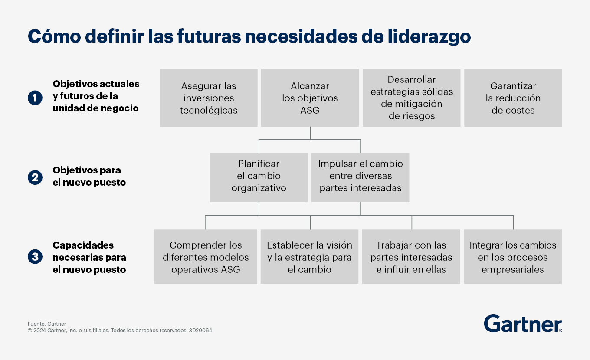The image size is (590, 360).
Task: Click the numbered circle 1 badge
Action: tap(35, 98)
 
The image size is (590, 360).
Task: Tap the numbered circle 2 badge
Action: tap(35, 177)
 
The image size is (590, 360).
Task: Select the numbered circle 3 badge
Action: tap(35, 256)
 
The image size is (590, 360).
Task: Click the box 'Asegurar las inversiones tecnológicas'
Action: tap(208, 98)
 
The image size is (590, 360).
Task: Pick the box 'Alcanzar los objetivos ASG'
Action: tap(310, 98)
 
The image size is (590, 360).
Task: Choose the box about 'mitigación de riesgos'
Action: tap(411, 98)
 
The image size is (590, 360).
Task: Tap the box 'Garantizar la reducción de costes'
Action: tap(513, 98)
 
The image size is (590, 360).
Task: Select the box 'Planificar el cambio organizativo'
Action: tap(259, 177)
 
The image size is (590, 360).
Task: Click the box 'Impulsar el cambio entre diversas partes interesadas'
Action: tap(360, 177)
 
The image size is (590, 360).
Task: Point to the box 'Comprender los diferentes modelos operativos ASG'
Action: tap(206, 256)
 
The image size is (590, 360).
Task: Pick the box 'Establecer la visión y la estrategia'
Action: tap(309, 256)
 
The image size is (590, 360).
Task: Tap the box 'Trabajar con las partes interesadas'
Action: tap(411, 256)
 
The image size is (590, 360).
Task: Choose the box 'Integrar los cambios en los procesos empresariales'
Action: tap(513, 256)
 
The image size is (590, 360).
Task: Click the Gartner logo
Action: tap(523, 324)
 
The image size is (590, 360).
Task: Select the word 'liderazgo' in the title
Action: tap(429, 36)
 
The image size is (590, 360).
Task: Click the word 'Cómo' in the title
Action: tap(54, 36)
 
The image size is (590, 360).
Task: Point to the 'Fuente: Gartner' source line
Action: tap(47, 324)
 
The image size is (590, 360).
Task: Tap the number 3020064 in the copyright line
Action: tap(200, 330)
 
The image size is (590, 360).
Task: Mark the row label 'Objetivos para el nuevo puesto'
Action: tap(89, 176)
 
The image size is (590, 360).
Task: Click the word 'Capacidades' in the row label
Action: tap(83, 245)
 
